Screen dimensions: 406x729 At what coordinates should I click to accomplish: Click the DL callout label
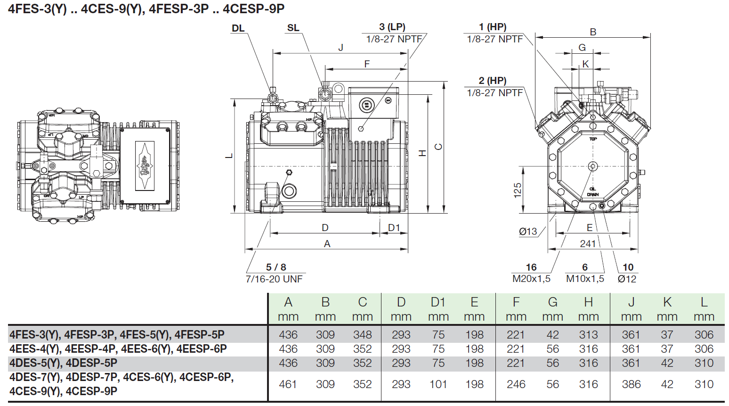(238, 28)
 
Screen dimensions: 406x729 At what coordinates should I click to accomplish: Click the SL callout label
(293, 28)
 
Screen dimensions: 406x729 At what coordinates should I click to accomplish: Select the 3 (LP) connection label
(392, 27)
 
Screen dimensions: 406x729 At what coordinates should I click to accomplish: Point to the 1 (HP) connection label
(493, 27)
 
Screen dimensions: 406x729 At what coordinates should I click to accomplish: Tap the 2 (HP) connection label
(493, 81)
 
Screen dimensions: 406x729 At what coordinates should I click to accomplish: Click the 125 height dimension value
(518, 190)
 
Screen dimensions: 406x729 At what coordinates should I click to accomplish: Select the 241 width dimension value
(588, 243)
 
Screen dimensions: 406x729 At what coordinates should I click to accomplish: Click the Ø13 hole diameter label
(528, 232)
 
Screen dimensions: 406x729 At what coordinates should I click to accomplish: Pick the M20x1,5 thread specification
(531, 279)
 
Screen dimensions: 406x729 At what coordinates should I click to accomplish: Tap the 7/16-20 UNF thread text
(274, 279)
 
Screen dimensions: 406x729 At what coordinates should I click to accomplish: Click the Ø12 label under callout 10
(627, 279)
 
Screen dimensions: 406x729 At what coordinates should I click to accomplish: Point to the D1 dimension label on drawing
(394, 228)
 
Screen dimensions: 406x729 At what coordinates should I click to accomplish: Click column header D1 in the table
(438, 302)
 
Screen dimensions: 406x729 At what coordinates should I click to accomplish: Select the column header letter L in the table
(704, 302)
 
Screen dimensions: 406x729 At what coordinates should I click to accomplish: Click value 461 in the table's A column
(288, 384)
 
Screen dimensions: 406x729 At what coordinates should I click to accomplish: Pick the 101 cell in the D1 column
(438, 384)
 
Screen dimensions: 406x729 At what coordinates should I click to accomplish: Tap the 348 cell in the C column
(363, 335)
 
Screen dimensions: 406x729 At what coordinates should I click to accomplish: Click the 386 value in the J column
(631, 384)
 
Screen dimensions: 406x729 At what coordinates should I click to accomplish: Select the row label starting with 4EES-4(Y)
(118, 349)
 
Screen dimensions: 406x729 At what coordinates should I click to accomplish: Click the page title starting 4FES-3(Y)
(146, 9)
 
